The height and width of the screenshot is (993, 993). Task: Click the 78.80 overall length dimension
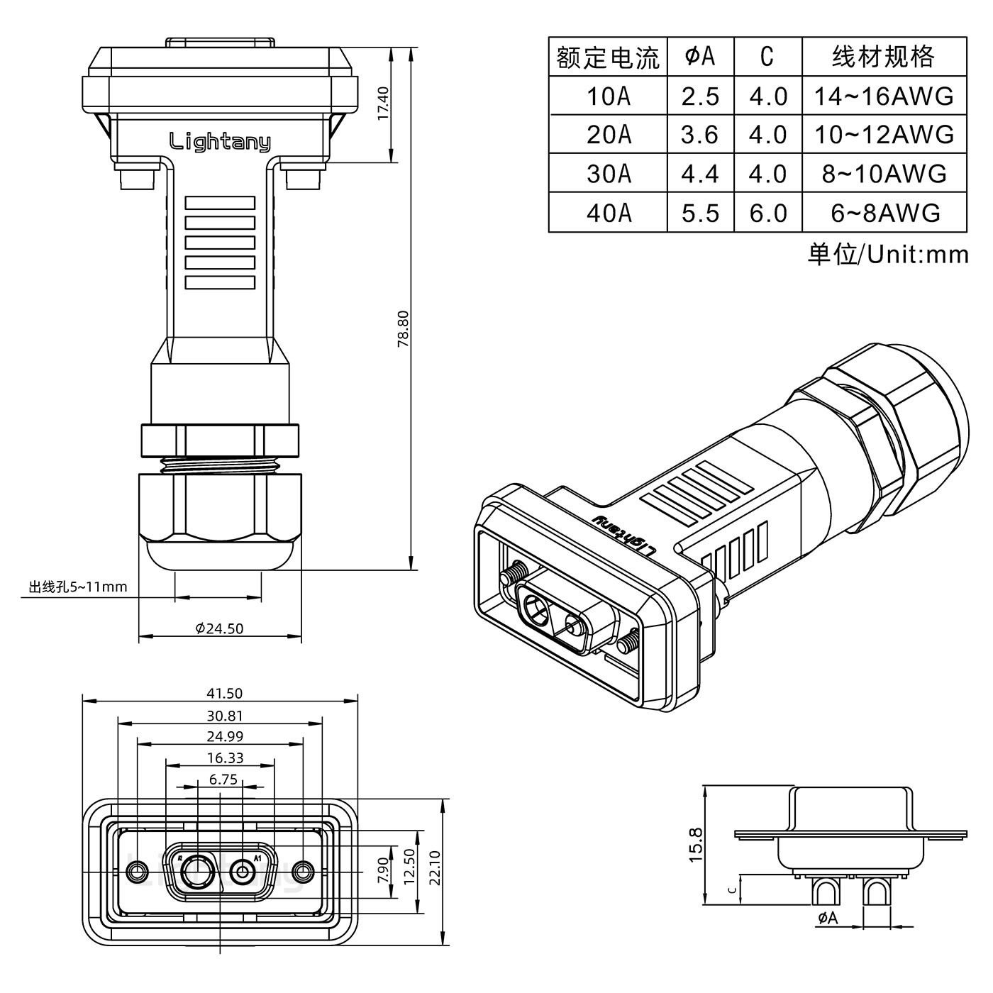[402, 328]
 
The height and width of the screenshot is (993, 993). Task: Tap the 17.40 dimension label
[382, 103]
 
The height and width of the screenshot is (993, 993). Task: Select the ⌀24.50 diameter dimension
[219, 628]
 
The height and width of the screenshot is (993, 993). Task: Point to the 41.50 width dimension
[222, 694]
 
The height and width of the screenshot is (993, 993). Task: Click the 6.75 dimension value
[223, 780]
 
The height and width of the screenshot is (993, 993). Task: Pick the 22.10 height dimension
[435, 868]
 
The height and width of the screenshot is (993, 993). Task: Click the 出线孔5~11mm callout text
[78, 587]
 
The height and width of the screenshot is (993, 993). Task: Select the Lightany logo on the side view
[219, 142]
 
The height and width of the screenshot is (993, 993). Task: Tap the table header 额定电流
[608, 57]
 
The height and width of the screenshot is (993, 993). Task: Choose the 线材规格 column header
[883, 57]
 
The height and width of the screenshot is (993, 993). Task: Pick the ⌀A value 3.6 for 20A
[699, 134]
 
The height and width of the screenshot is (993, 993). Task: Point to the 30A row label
[608, 174]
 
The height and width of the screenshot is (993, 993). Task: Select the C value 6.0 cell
[767, 213]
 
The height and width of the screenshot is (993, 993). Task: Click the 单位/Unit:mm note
[887, 254]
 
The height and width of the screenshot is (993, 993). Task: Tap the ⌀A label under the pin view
[827, 919]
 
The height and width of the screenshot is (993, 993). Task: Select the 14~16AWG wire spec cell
[883, 96]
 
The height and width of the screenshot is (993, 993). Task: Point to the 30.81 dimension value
[224, 716]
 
